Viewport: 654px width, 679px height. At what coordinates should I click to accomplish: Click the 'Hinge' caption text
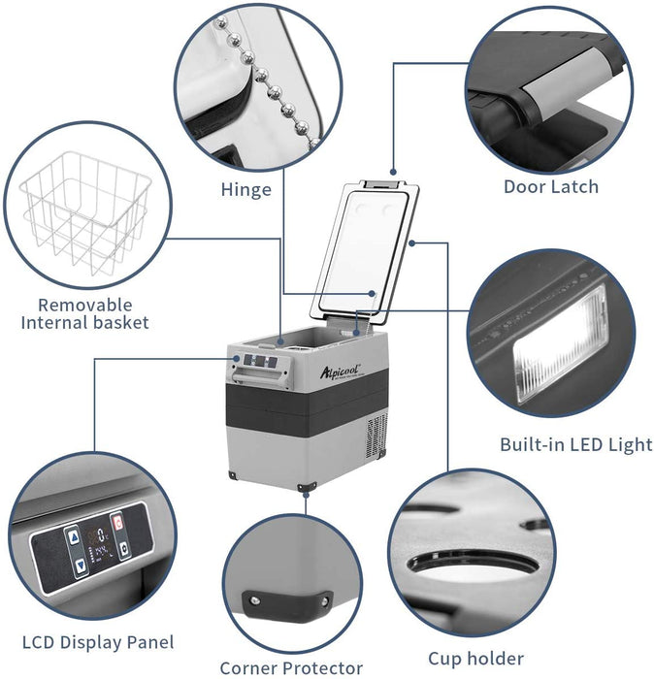[245, 189]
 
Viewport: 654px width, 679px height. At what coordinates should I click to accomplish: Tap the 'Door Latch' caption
[550, 186]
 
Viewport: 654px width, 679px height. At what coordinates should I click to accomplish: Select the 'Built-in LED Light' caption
[576, 445]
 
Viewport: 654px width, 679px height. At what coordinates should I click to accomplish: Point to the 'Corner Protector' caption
[291, 667]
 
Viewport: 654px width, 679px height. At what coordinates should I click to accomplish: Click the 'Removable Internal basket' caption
[85, 312]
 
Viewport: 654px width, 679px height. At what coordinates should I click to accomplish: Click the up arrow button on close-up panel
[74, 535]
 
